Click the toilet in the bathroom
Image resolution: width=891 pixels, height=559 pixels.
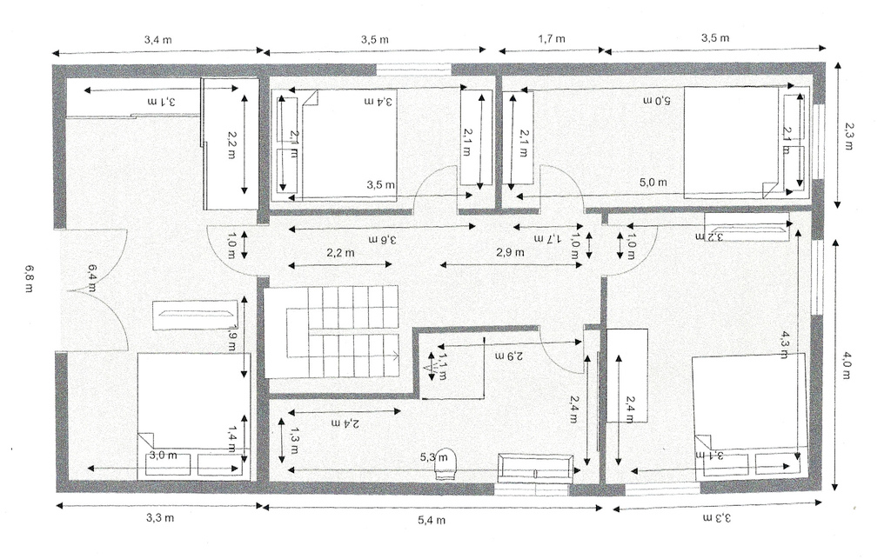(x=445, y=463)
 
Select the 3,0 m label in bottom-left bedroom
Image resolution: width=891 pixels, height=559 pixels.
(x=157, y=455)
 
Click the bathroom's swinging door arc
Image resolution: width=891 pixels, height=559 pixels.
(x=557, y=348)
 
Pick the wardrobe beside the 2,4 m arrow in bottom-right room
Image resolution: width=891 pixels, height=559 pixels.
(x=626, y=376)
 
